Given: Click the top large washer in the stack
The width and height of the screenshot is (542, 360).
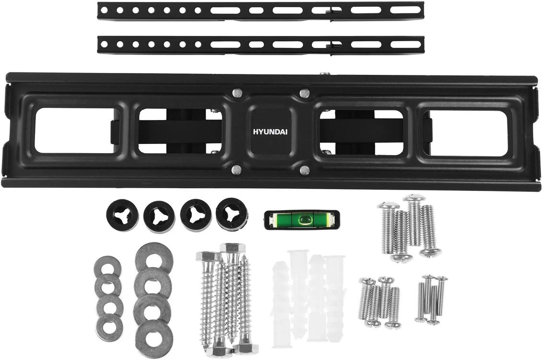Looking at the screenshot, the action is click(x=154, y=259).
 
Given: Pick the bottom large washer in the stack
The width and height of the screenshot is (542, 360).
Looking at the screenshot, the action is click(x=154, y=335).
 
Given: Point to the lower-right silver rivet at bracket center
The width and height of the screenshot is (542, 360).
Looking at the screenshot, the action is click(x=304, y=170).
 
